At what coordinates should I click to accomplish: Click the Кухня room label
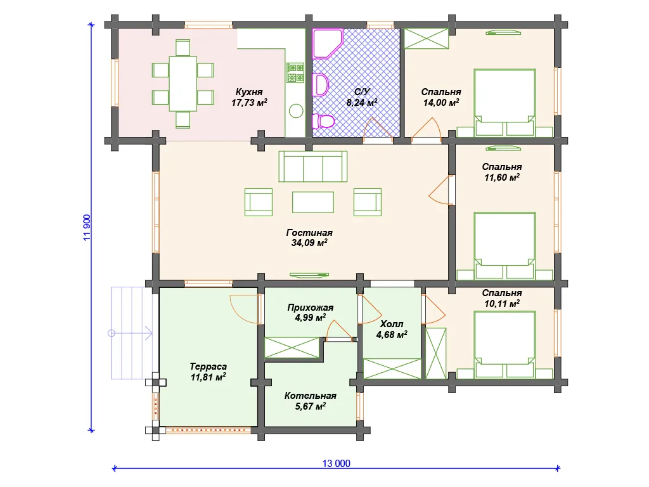[249, 92]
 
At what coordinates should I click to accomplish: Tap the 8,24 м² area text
[362, 102]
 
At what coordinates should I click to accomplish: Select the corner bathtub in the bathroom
[328, 43]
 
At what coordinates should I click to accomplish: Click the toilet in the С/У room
[323, 122]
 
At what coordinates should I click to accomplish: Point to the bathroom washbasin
[320, 85]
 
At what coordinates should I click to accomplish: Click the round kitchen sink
[296, 111]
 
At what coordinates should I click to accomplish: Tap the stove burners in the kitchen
[295, 73]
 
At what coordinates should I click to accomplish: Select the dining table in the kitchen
[183, 84]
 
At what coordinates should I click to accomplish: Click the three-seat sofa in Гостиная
[313, 167]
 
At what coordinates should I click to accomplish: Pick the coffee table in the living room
[313, 202]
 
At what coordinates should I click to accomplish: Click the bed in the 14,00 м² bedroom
[504, 103]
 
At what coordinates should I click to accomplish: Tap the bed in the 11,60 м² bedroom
[504, 247]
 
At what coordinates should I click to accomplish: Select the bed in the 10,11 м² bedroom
[504, 345]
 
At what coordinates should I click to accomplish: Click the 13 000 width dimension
[336, 464]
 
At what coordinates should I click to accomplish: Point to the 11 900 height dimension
[87, 228]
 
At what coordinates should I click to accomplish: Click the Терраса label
[208, 367]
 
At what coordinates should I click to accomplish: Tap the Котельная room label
[311, 396]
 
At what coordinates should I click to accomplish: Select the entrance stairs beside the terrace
[132, 334]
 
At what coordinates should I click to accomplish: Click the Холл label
[392, 324]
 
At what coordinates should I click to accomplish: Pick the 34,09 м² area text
[309, 243]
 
